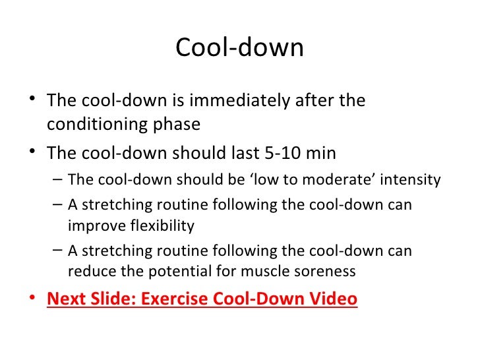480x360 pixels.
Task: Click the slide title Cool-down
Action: coord(239,48)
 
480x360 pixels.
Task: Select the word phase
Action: coord(177,125)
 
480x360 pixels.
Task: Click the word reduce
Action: coord(90,271)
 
